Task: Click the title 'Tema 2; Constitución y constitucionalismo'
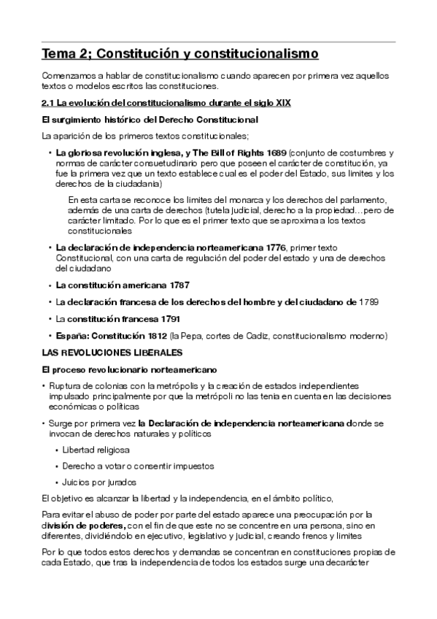180,53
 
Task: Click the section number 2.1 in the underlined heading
48,103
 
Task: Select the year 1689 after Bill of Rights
273,153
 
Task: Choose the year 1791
166,319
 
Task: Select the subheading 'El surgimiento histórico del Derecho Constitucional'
150,119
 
